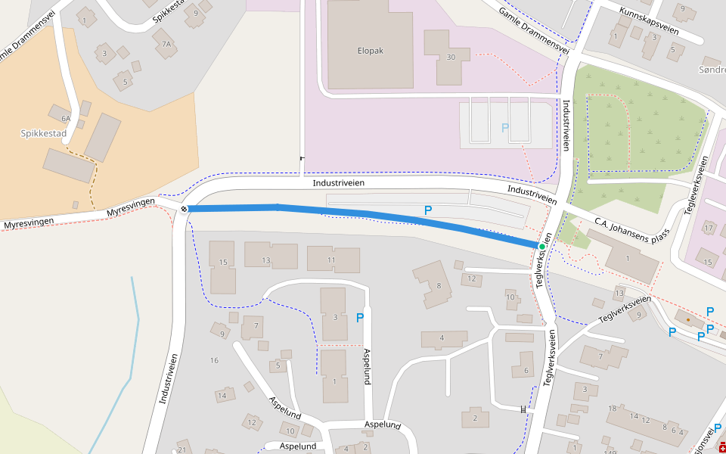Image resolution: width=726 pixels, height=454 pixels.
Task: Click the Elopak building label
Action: pos(371,51)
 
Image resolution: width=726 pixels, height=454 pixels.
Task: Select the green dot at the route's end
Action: pos(542,247)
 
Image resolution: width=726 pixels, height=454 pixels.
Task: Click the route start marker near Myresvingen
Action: pos(184,208)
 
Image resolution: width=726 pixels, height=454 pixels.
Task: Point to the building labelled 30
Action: pos(451,57)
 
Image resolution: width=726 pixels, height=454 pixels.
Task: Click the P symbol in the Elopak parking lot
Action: pos(504,128)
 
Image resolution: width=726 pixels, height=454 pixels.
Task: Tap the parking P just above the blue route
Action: pos(428,210)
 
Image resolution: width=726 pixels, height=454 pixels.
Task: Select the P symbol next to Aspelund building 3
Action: pos(360,318)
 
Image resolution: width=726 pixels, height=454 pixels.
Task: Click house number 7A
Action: pos(166,45)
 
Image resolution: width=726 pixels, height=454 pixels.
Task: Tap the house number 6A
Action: pos(66,118)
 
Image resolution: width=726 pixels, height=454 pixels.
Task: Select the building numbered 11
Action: pos(332,260)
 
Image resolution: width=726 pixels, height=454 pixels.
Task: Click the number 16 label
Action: pos(214,360)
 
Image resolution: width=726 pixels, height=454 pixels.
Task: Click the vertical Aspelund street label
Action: pos(367,367)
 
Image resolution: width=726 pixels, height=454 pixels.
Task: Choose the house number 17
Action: pos(709,228)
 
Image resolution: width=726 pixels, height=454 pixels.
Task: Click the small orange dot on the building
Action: pos(687,320)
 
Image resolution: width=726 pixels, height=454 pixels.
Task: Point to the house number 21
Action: pos(181,449)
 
